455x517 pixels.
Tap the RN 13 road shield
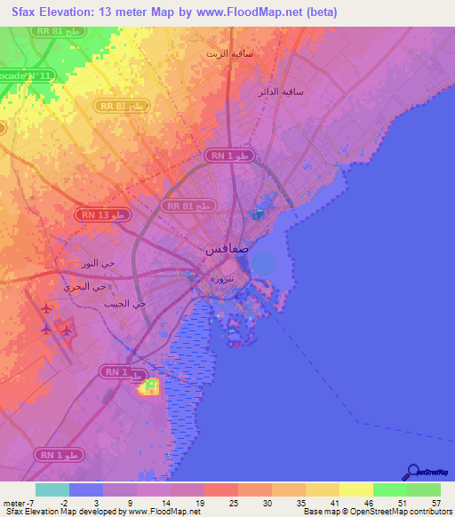click(105, 215)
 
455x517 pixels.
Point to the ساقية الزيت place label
click(229, 53)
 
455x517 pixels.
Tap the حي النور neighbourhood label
click(98, 265)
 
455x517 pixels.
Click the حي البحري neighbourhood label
click(84, 286)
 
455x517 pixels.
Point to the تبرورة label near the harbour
click(222, 278)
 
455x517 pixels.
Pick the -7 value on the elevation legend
click(35, 502)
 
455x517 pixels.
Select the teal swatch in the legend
click(52, 489)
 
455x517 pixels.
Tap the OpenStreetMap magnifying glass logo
click(411, 473)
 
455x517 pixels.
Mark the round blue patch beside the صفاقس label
click(263, 262)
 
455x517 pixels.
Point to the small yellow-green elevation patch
click(148, 386)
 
